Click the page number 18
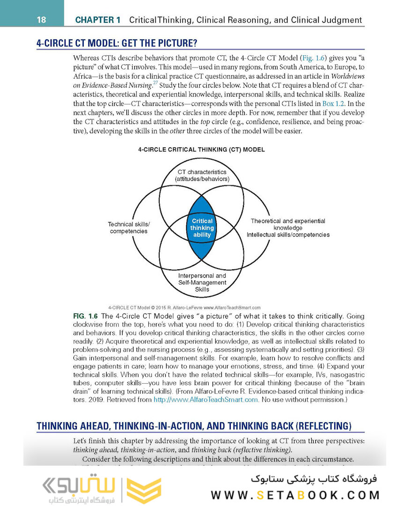(41, 20)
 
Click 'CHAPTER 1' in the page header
(98, 20)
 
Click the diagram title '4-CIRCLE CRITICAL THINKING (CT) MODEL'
(201, 149)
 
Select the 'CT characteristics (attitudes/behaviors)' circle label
(202, 176)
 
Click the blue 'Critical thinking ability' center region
(202, 228)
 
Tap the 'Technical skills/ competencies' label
(129, 228)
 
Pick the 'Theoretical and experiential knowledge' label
(288, 224)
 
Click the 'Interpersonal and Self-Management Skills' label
(202, 283)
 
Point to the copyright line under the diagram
(184, 307)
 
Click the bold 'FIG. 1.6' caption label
(86, 316)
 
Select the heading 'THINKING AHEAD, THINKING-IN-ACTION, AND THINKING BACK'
(194, 426)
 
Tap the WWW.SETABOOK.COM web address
(295, 495)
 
